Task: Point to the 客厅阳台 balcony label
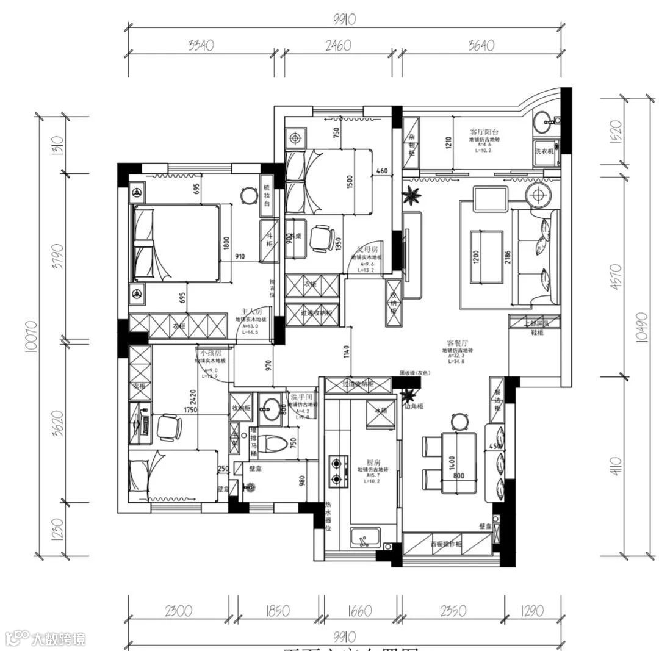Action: click(x=484, y=132)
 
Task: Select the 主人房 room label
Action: click(x=251, y=312)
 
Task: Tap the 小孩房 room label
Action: click(x=209, y=353)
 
